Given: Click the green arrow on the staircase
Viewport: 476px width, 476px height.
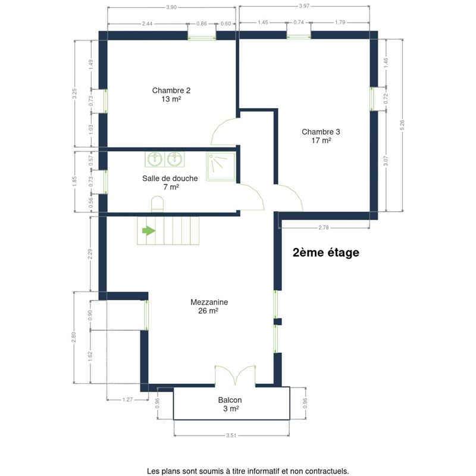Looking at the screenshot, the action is tap(149, 231).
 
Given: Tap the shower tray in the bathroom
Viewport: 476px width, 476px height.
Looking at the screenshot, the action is tap(221, 167).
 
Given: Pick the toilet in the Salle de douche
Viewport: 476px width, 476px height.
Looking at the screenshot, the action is tap(157, 204).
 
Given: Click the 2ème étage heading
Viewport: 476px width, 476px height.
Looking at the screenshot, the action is tap(325, 252).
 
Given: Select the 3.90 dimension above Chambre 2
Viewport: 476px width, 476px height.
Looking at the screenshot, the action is tap(171, 7).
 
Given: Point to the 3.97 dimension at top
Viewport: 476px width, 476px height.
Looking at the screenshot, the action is tap(304, 6).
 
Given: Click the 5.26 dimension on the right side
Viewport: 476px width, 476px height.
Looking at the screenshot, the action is tap(403, 125).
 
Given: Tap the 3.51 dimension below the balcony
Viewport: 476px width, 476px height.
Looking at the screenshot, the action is tap(231, 436).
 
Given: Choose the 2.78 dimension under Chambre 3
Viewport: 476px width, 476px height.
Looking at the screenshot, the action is tap(324, 228).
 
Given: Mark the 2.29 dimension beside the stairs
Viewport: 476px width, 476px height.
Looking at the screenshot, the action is tap(90, 255).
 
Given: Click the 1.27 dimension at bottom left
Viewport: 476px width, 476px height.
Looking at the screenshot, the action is tap(127, 400).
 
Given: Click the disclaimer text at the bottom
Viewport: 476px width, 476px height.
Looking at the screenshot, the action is tap(248, 471).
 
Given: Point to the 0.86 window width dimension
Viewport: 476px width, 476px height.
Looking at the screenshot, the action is tap(202, 24).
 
